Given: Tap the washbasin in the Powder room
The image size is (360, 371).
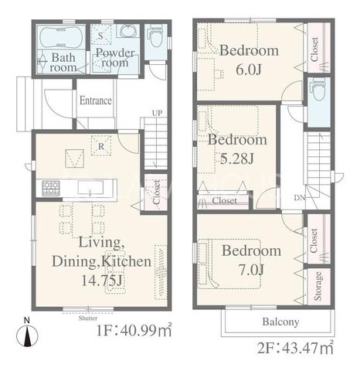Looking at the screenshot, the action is click(129, 32).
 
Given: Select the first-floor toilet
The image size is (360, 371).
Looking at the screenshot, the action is click(155, 36).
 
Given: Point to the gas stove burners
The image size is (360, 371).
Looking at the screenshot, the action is click(51, 187).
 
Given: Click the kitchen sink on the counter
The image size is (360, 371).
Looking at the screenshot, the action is click(90, 187).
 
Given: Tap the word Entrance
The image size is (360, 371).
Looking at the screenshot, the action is click(96, 100).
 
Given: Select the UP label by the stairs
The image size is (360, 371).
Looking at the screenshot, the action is click(157, 113).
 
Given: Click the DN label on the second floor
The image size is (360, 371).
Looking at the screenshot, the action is click(300, 198).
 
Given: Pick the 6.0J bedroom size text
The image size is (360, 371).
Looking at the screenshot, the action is click(249, 70).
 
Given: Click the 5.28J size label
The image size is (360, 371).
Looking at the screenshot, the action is click(237, 158).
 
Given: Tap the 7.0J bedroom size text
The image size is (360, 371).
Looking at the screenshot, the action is click(251, 270).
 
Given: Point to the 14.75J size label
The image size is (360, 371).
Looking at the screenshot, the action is click(101, 281).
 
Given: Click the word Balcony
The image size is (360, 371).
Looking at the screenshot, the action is click(280, 322).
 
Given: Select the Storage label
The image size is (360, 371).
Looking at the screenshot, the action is click(318, 286).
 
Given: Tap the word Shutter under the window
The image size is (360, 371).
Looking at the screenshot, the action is click(88, 318).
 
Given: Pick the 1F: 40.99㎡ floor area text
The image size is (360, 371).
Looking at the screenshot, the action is click(134, 330).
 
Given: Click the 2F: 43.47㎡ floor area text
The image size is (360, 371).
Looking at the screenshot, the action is click(295, 349).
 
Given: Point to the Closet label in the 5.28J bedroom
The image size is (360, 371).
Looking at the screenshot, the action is click(224, 200).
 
